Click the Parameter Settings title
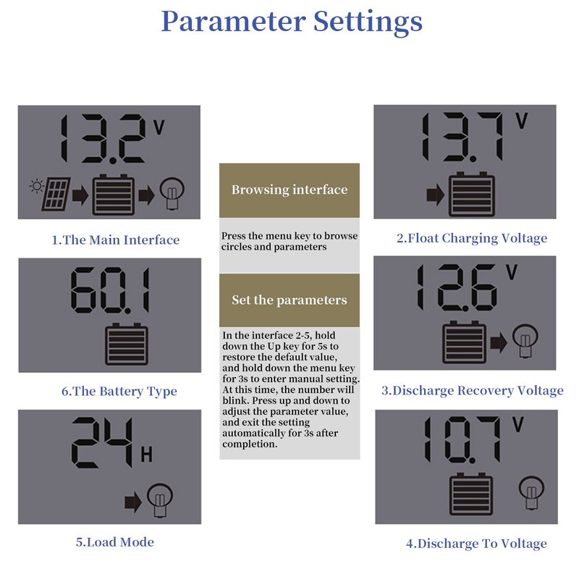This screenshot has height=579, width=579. click(x=292, y=22)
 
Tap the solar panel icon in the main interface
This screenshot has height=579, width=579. click(x=56, y=194)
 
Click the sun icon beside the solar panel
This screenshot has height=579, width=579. click(x=37, y=186)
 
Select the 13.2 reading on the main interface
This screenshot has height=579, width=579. click(x=103, y=139)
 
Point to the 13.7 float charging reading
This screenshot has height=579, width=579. click(x=462, y=138)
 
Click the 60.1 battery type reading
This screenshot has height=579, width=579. click(x=110, y=290)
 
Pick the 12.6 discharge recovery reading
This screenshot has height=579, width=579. click(x=457, y=287)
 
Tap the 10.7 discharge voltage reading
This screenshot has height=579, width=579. click(x=462, y=440)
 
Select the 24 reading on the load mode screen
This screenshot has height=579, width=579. click(x=102, y=442)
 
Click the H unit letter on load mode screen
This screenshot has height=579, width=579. click(x=147, y=455)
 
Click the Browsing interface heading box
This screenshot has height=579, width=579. click(x=289, y=190)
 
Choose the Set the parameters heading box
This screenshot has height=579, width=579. click(x=289, y=300)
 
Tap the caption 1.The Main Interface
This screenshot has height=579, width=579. click(x=116, y=240)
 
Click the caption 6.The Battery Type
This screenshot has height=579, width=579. click(x=119, y=392)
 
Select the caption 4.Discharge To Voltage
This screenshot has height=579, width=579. click(x=476, y=544)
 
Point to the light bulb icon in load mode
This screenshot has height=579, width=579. click(x=159, y=500)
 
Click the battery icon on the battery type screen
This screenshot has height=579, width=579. click(x=127, y=345)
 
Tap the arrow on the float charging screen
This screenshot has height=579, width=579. click(x=436, y=195)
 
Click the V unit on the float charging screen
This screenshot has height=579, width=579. click(x=522, y=121)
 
